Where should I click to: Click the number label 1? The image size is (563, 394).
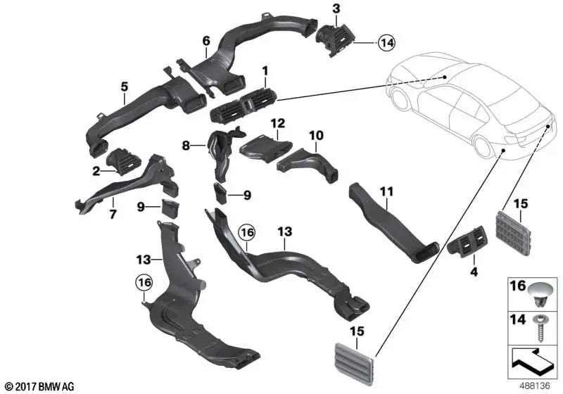[265, 71]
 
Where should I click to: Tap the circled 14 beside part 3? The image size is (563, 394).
[386, 43]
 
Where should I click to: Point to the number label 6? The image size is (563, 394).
[206, 40]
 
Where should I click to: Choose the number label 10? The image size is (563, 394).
[315, 134]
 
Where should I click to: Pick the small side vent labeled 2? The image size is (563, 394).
[124, 159]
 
